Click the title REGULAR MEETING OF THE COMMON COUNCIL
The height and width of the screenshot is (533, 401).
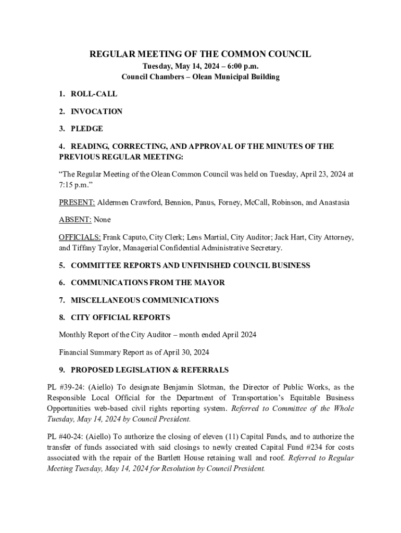(200, 54)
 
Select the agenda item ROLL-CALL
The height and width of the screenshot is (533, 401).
(94, 94)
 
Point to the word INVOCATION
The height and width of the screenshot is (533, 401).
(96, 111)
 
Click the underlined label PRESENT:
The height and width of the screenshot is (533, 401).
(77, 202)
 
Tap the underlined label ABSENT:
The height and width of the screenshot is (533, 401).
(74, 220)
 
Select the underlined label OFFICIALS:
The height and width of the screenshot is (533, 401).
(80, 237)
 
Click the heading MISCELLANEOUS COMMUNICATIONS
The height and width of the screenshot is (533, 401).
(145, 300)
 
